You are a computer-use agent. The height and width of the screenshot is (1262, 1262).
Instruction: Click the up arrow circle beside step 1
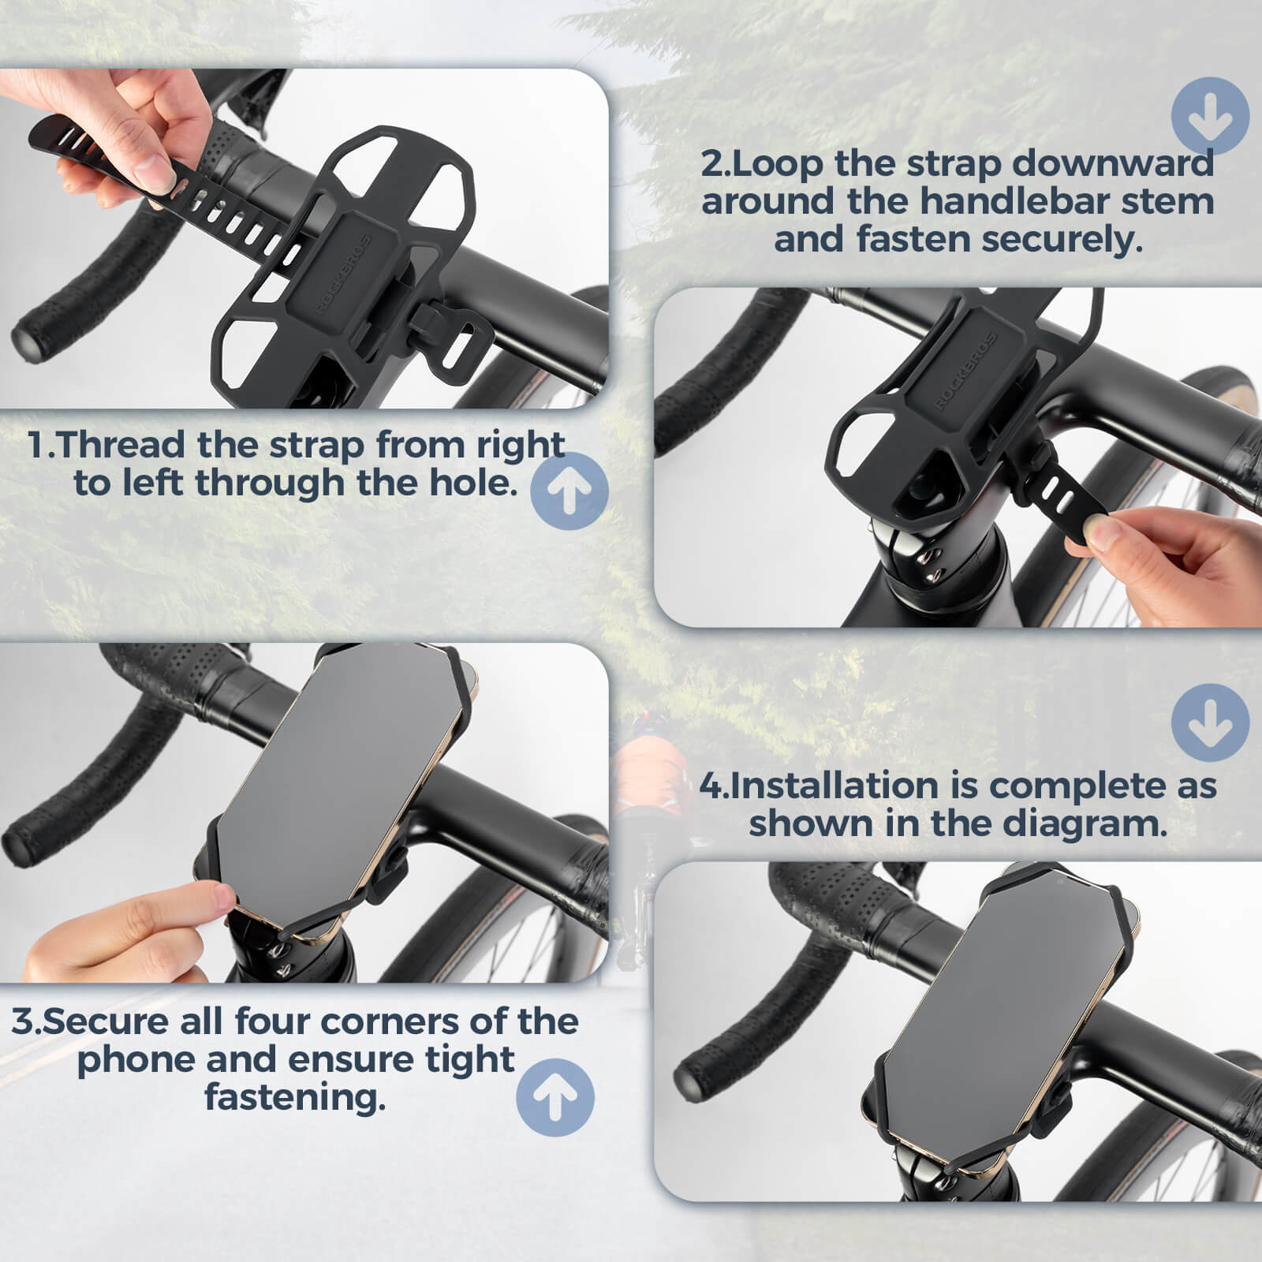click(569, 490)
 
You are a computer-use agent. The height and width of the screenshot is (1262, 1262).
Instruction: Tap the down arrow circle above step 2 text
click(1210, 116)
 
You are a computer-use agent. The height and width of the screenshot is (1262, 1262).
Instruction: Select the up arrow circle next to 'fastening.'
click(554, 1097)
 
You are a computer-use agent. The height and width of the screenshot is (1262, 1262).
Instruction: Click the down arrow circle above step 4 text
click(1210, 722)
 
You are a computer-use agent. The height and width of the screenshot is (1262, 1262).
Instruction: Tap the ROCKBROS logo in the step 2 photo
click(966, 371)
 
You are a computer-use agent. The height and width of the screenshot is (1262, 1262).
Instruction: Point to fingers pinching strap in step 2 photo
click(1104, 536)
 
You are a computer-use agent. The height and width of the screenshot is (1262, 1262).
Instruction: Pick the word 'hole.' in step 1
click(472, 483)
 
